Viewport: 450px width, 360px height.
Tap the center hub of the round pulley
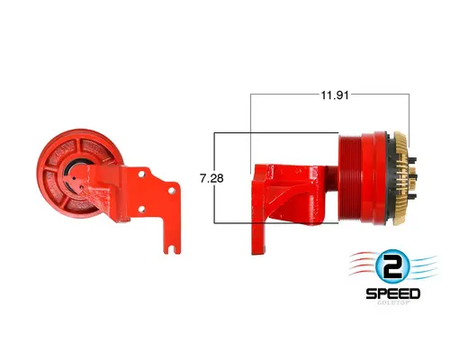(x=72, y=166)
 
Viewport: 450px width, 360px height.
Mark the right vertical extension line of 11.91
(x=409, y=112)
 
